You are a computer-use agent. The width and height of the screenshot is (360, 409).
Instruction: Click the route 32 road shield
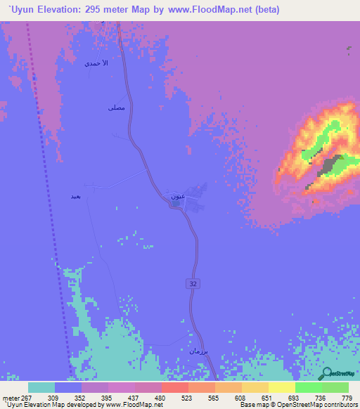(x=192, y=283)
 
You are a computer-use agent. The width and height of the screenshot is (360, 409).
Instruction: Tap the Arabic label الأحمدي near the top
(x=97, y=63)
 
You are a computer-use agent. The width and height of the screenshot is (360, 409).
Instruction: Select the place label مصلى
(x=116, y=108)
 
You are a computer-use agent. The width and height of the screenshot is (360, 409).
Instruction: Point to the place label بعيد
(x=76, y=196)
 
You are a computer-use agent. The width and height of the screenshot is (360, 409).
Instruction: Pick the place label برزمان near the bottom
(x=198, y=350)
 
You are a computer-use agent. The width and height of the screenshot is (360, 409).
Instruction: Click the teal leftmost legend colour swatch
(x=41, y=387)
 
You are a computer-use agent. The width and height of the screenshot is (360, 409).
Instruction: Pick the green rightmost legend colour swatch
(x=335, y=387)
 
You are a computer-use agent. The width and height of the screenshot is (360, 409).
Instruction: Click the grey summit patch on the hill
(x=330, y=167)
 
